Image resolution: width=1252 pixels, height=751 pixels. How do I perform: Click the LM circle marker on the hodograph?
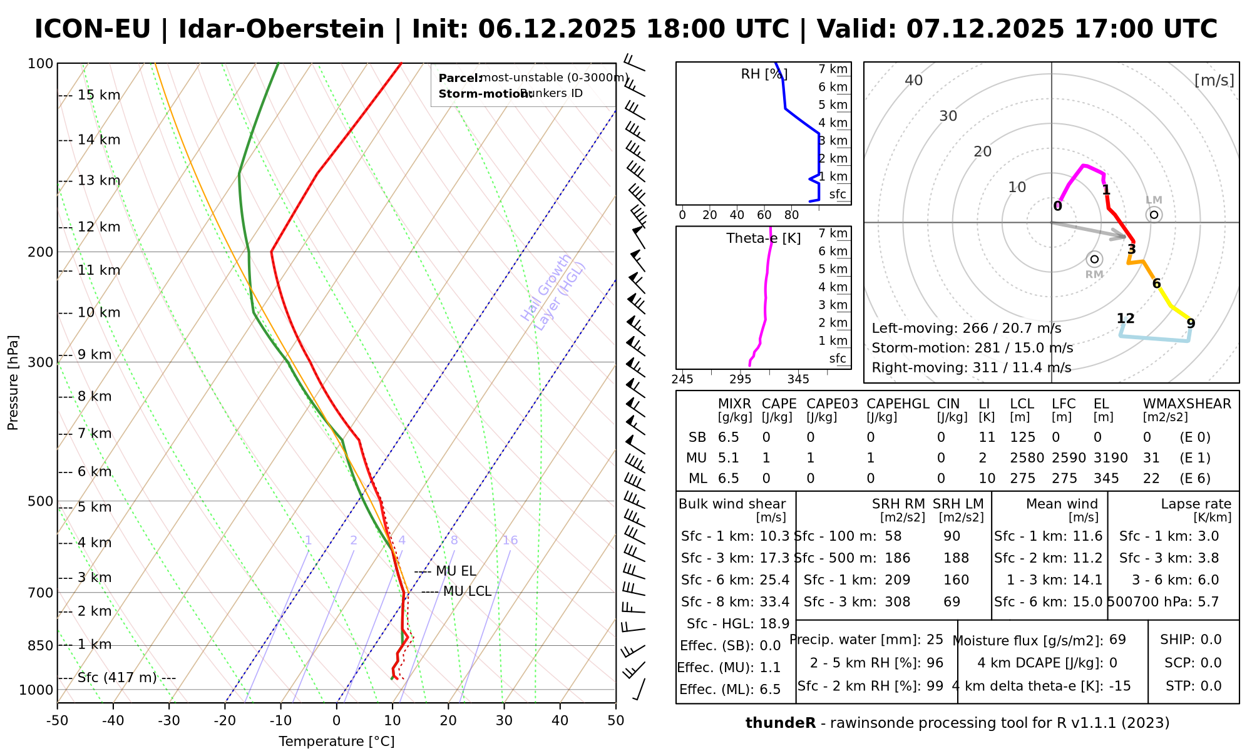[1154, 215]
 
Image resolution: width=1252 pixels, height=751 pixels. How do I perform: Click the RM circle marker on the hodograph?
[1094, 259]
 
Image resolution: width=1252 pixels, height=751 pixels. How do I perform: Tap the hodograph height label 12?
[1126, 319]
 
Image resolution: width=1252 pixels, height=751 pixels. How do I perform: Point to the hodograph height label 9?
[1191, 324]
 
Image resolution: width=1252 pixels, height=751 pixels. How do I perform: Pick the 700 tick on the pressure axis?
[41, 593]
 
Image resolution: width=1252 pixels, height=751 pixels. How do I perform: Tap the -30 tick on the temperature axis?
[169, 721]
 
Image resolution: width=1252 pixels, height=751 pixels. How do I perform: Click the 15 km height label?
[99, 95]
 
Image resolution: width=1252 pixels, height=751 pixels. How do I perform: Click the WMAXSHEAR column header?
[1187, 404]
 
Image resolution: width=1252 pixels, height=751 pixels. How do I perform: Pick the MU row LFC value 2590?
[1064, 458]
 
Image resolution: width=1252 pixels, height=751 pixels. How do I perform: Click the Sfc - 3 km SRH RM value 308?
[898, 602]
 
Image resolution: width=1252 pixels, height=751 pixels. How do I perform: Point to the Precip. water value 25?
[935, 640]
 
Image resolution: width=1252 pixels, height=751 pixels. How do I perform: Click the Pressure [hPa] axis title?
[13, 382]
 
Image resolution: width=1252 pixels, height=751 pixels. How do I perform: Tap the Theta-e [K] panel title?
[764, 238]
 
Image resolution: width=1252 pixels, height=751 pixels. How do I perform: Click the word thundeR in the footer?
[781, 723]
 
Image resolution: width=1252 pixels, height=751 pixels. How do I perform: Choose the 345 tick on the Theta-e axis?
[798, 379]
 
